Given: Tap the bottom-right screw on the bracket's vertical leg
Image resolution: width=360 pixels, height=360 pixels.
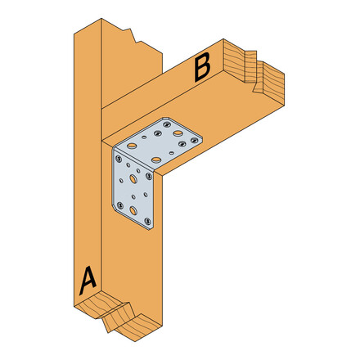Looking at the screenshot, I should pos(148,222).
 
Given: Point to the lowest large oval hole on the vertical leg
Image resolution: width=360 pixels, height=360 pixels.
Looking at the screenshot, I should pos(134,209).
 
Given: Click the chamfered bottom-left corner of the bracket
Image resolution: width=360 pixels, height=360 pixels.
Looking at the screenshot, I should pos(115,207).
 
